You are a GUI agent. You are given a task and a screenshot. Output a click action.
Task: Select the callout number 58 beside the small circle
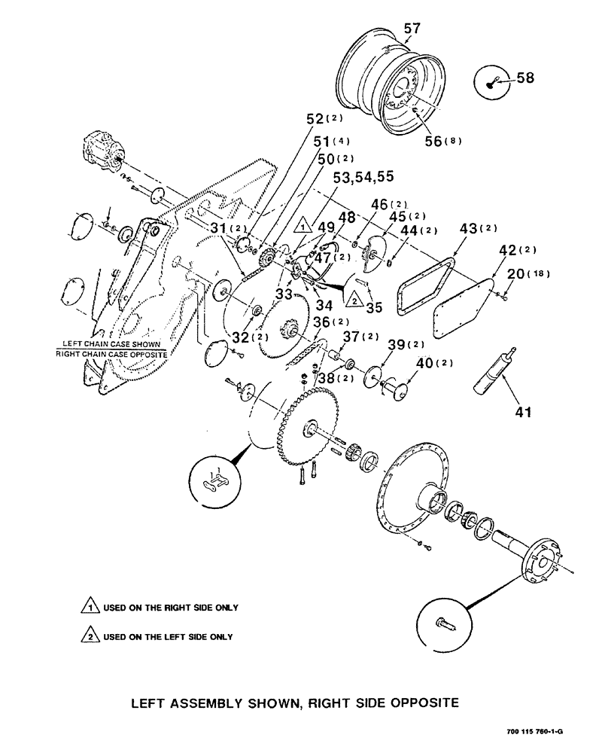tap(526, 78)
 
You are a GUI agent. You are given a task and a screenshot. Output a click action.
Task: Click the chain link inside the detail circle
tap(218, 481)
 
